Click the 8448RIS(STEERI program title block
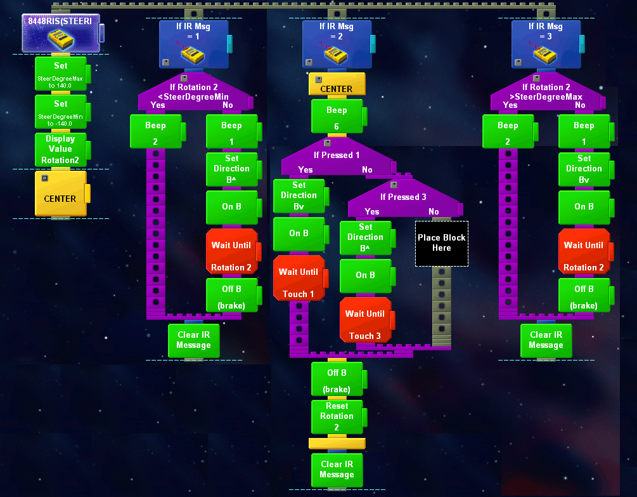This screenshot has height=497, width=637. pos(60,32)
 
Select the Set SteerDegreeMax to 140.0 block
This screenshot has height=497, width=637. pos(61,75)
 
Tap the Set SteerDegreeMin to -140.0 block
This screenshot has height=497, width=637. pos(61,112)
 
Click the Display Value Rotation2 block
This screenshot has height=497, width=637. pos(61,149)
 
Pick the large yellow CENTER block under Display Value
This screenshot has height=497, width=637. pos(60,193)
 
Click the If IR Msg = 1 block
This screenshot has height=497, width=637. pos(193,44)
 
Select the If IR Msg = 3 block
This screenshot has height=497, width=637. pos(546,44)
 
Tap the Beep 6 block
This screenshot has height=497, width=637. pos(337,117)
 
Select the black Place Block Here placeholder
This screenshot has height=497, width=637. pos(442,243)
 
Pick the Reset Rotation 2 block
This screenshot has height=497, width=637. pos(337,416)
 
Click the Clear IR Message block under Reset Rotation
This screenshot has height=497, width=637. pos(337,470)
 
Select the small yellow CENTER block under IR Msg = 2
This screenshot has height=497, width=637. pos(337,84)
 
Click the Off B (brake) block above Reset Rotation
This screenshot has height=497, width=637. pos(337,379)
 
